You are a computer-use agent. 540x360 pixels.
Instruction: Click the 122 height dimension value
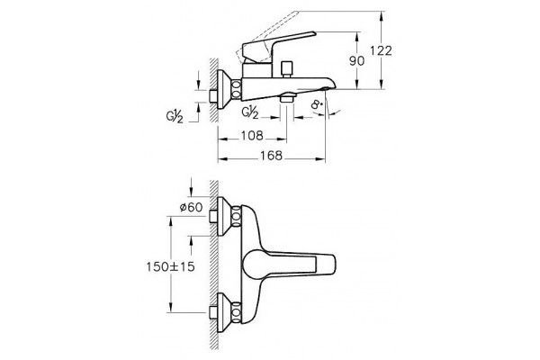coord(381,50)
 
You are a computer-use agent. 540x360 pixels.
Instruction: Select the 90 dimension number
coord(356,61)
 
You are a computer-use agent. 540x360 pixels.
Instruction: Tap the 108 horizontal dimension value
coord(252,135)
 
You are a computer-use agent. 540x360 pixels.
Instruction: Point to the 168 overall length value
coord(271,156)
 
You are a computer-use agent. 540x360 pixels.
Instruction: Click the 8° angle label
coord(317,104)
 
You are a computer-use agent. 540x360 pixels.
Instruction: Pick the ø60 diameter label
coord(191,207)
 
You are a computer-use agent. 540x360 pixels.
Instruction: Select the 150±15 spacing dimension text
coord(170,266)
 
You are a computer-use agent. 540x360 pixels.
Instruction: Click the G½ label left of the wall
coord(175,116)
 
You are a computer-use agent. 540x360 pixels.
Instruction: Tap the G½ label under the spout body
coord(250,112)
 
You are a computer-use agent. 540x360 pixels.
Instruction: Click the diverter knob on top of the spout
coord(286,69)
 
